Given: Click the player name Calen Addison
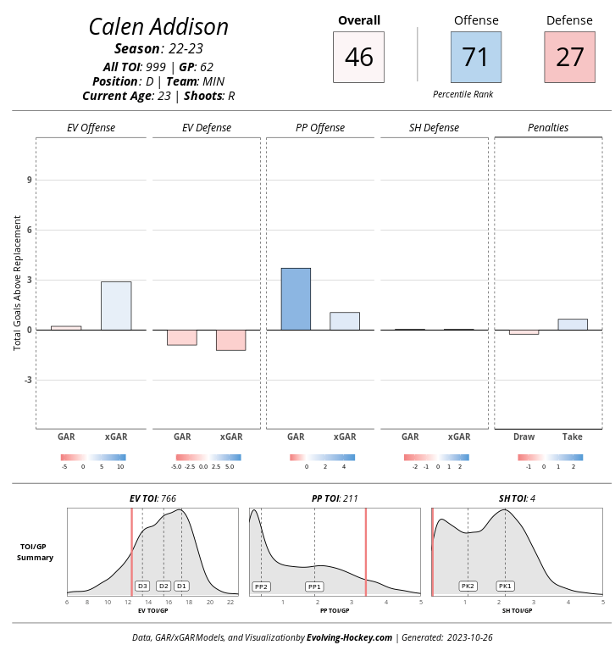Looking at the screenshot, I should (158, 27).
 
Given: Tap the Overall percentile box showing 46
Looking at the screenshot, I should (358, 57).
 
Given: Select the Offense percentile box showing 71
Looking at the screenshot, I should (475, 57).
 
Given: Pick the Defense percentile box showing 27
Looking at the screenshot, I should (570, 57).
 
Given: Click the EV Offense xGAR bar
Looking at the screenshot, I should (116, 305).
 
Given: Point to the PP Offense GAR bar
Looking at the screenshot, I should (296, 298).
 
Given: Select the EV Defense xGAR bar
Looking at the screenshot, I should (231, 340).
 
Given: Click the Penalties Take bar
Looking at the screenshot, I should (573, 324).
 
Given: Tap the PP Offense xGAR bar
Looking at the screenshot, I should (345, 320).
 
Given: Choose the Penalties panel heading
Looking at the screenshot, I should (548, 128).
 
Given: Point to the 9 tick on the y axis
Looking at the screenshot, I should (29, 180).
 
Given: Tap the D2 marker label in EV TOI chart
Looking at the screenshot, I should (163, 586).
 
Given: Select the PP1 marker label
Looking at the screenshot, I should (314, 587).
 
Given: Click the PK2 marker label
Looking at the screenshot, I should (468, 587).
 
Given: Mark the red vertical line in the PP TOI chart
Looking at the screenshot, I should (366, 551).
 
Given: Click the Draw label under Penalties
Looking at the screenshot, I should (524, 437).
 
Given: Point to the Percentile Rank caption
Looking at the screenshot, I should (463, 94).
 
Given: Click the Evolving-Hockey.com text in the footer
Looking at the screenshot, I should (349, 637).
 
